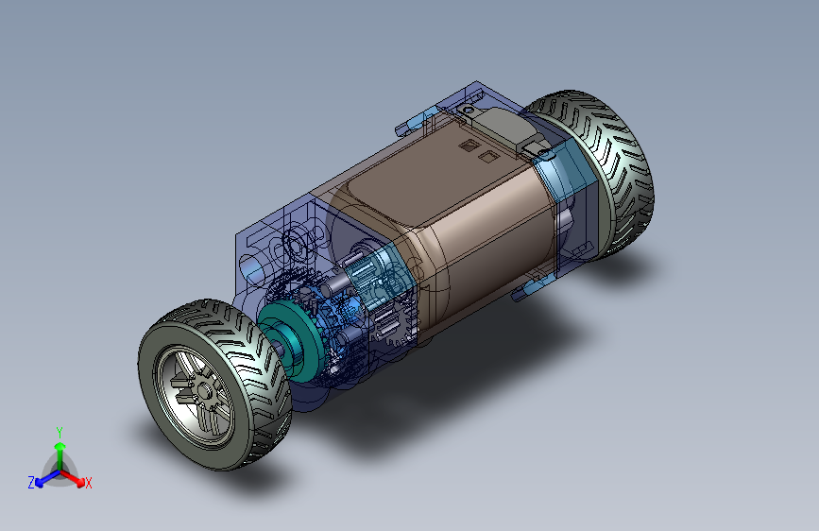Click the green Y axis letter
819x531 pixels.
point(60,432)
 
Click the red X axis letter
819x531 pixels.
point(88,483)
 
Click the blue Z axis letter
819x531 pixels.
point(31,483)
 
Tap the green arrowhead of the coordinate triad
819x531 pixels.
point(60,446)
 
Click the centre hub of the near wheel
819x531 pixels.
point(204,391)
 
